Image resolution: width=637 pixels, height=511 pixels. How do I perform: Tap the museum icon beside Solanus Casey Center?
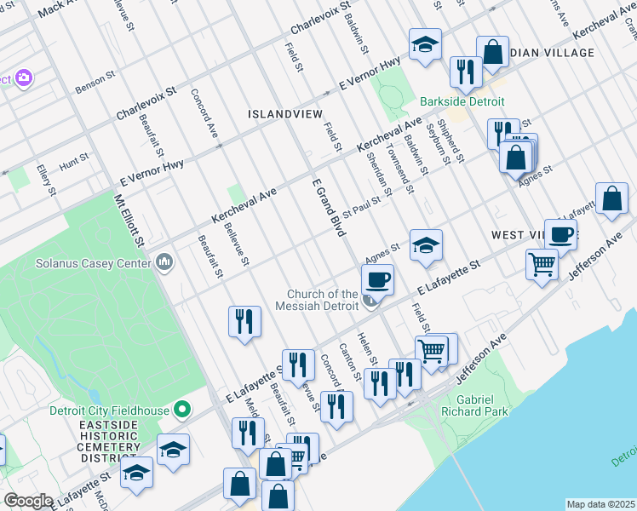click(164, 262)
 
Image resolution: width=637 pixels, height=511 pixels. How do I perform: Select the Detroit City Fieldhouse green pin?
click(181, 411)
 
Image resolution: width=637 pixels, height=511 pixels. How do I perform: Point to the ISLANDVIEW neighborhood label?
click(284, 113)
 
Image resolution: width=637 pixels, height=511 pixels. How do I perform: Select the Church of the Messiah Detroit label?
click(324, 300)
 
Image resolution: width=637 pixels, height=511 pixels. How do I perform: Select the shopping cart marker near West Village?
click(542, 265)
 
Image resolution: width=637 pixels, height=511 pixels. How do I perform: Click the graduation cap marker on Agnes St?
click(426, 245)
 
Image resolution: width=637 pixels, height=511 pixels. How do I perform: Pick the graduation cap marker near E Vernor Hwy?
click(425, 44)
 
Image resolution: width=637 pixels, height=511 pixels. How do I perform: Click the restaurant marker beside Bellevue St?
click(244, 322)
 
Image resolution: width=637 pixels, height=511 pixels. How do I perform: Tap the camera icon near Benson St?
click(23, 78)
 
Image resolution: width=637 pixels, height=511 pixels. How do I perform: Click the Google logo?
click(28, 501)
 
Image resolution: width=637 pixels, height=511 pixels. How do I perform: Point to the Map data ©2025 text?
click(600, 504)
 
